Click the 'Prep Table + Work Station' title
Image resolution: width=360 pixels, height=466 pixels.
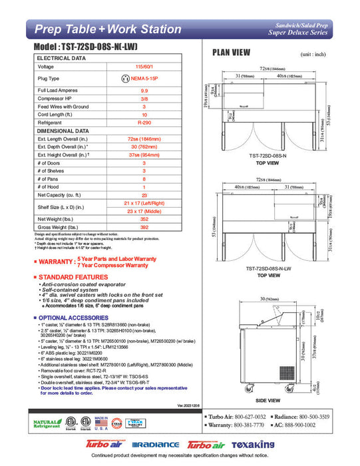(x=107, y=29)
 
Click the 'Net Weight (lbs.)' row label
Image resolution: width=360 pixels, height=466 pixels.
(x=56, y=219)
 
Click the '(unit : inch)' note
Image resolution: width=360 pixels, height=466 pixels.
(x=313, y=55)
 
